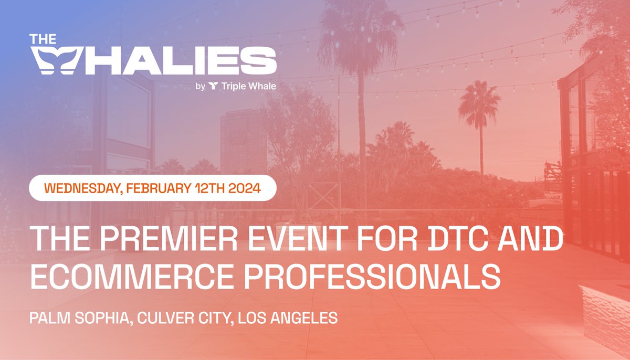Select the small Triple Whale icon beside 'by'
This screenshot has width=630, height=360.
(213, 86)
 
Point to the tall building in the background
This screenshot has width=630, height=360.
(243, 142)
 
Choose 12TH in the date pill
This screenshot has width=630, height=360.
(211, 188)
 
